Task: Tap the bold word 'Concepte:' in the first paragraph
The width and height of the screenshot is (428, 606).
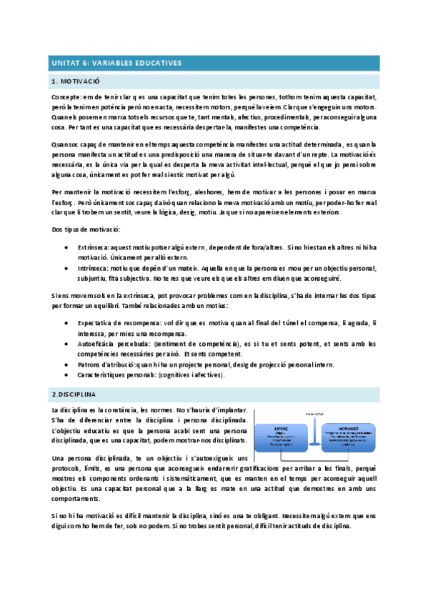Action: coord(66,96)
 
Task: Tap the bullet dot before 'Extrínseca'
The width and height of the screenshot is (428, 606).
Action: coord(66,246)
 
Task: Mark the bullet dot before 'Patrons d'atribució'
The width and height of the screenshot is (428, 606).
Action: coord(66,364)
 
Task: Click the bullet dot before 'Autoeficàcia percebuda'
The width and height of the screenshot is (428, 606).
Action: coord(66,344)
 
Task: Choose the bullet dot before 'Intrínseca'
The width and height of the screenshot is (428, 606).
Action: coord(66,267)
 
